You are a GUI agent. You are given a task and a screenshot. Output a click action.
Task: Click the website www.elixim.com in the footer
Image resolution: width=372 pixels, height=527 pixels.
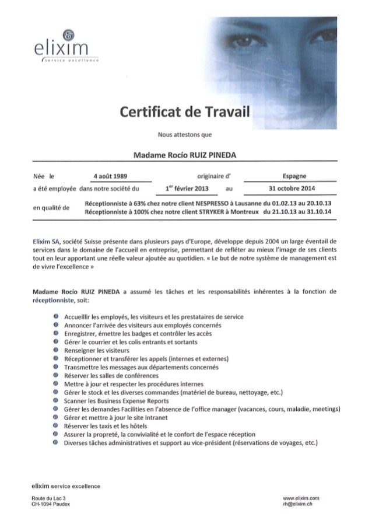(x=300, y=497)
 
